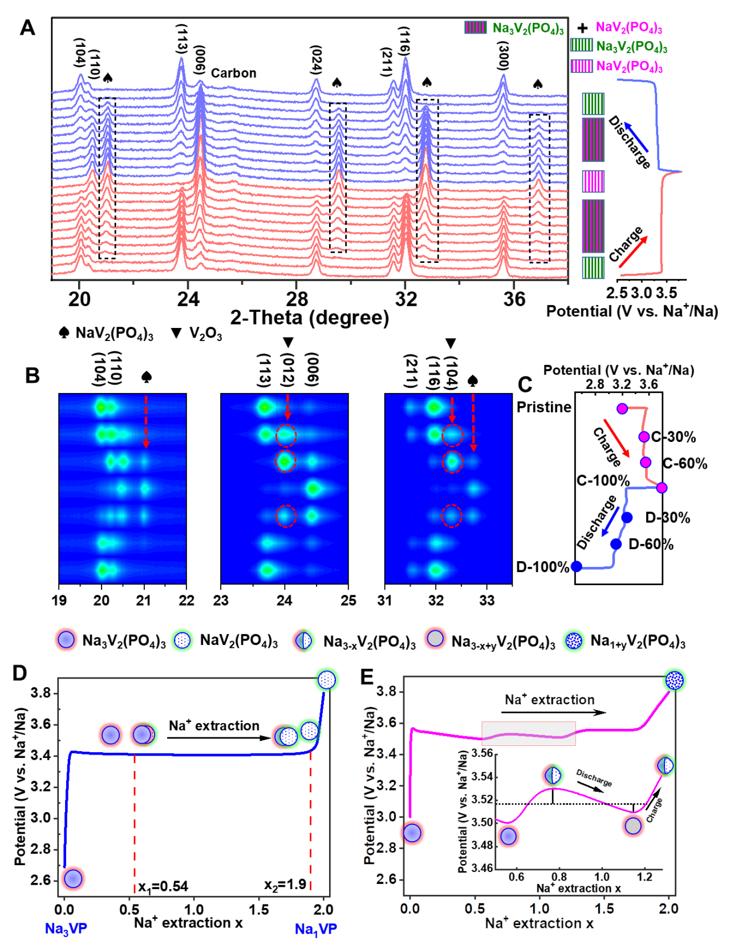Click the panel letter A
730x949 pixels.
pyautogui.click(x=27, y=27)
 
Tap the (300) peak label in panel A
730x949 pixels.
pyautogui.click(x=503, y=56)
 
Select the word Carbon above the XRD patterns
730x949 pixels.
pyautogui.click(x=234, y=73)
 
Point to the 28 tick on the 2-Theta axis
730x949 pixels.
pyautogui.click(x=297, y=299)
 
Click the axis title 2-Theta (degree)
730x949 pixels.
pyautogui.click(x=310, y=318)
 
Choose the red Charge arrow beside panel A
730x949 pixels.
pyautogui.click(x=633, y=253)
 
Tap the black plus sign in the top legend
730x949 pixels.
pyautogui.click(x=583, y=27)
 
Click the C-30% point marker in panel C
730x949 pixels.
pyautogui.click(x=644, y=437)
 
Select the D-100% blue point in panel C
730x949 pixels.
pyautogui.click(x=577, y=566)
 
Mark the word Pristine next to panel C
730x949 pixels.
pyautogui.click(x=544, y=407)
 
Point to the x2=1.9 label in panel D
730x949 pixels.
pyautogui.click(x=285, y=885)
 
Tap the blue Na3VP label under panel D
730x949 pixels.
pyautogui.click(x=66, y=928)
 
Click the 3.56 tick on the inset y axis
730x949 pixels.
pyautogui.click(x=482, y=753)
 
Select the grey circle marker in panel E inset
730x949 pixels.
pyautogui.click(x=633, y=825)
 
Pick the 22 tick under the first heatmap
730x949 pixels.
pyautogui.click(x=186, y=600)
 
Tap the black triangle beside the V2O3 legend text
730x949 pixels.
pyautogui.click(x=177, y=333)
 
